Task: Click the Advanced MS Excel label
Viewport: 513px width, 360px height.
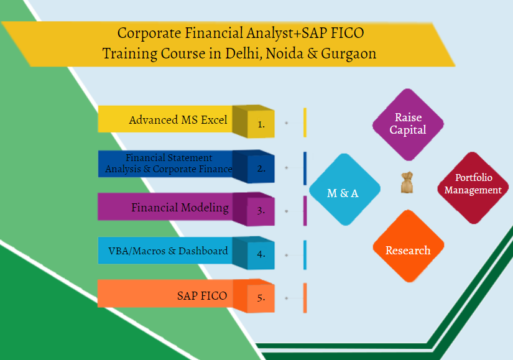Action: coord(178,120)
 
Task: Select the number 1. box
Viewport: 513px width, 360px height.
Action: coord(261,124)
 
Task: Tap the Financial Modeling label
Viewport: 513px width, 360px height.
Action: coord(180,208)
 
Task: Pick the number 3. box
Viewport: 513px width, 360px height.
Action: coord(261,210)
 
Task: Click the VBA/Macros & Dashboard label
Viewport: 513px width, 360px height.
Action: coord(164,251)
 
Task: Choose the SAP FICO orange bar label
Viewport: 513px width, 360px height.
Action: coord(201,295)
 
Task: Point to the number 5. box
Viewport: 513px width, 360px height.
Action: coord(261,297)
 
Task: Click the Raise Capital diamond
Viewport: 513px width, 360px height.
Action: coord(407,123)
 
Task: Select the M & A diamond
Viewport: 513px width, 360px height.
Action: coord(343,193)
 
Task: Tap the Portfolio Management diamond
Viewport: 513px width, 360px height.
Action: coord(473,185)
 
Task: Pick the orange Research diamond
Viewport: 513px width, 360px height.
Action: coord(408,250)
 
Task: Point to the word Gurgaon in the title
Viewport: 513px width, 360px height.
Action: coord(348,53)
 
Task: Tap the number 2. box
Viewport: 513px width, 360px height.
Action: coord(261,167)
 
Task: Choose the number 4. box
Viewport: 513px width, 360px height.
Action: coord(261,254)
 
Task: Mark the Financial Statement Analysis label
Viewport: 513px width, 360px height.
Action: coord(169,163)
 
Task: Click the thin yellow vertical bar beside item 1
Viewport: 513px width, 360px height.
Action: coord(305,122)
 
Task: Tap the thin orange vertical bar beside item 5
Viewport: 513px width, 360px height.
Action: coord(305,297)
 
